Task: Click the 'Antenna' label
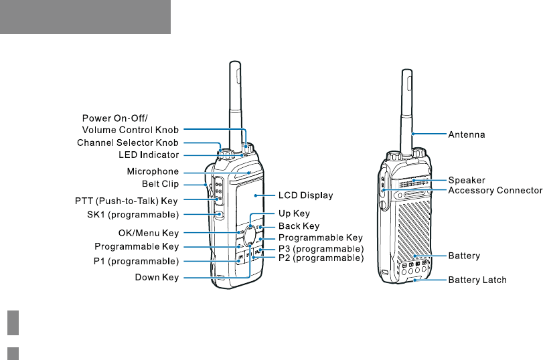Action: pyautogui.click(x=466, y=134)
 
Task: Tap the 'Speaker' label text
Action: pyautogui.click(x=466, y=180)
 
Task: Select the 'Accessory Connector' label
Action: pyautogui.click(x=495, y=191)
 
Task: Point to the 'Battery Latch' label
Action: pyautogui.click(x=477, y=280)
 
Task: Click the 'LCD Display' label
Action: pyautogui.click(x=305, y=195)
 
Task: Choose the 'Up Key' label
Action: pyautogui.click(x=294, y=213)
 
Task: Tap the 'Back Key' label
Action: pyautogui.click(x=299, y=227)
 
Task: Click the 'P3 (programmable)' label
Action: pyautogui.click(x=321, y=249)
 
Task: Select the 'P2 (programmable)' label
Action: pyautogui.click(x=321, y=258)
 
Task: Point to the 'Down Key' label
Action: pyautogui.click(x=157, y=278)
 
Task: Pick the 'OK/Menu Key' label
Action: pyautogui.click(x=153, y=233)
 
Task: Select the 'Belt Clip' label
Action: pyautogui.click(x=160, y=183)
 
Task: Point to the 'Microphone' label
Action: pyautogui.click(x=153, y=171)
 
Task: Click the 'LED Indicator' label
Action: pyautogui.click(x=144, y=155)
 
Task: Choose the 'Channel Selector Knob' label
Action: pyautogui.click(x=128, y=143)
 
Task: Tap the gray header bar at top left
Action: pyautogui.click(x=85, y=17)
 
